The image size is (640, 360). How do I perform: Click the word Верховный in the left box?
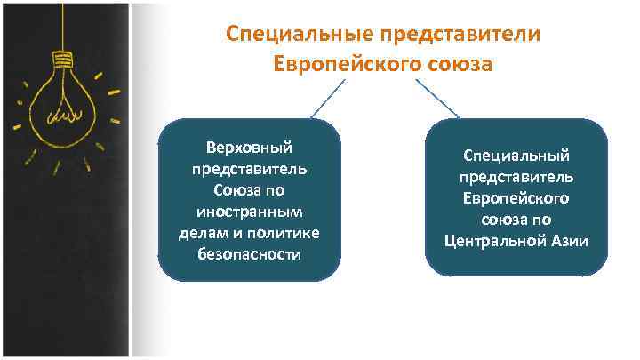(x=249, y=147)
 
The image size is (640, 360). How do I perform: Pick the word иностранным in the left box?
(x=249, y=212)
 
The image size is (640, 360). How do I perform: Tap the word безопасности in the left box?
(x=249, y=254)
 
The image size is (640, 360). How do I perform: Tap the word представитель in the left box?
(x=249, y=168)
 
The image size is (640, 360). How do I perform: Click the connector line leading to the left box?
(x=327, y=98)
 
